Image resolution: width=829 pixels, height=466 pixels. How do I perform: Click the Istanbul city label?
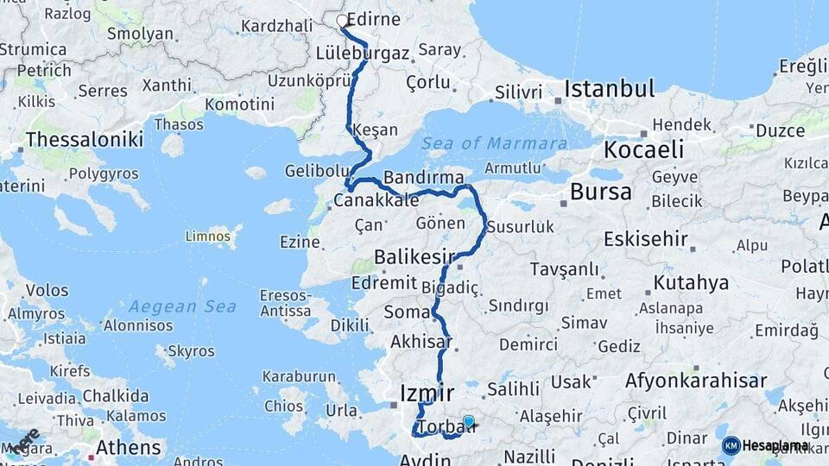(610, 88)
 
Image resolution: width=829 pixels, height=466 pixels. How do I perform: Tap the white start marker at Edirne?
(342, 22)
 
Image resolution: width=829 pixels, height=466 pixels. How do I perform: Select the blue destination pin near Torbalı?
(468, 422)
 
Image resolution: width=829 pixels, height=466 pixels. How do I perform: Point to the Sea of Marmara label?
(495, 143)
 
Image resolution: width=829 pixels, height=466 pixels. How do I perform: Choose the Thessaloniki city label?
(84, 139)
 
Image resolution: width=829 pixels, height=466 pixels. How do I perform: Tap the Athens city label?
(128, 447)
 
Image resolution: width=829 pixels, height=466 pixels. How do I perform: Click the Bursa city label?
(601, 192)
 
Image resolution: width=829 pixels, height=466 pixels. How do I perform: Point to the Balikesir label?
(414, 256)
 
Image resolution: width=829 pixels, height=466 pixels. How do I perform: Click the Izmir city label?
(427, 394)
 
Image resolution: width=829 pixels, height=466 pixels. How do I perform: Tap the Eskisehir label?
(646, 238)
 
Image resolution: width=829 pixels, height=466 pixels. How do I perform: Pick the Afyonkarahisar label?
(696, 381)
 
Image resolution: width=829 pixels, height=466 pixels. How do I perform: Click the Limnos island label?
(208, 235)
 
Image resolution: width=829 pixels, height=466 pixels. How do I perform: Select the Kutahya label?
(691, 282)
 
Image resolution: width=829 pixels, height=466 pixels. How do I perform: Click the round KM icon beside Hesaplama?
(731, 445)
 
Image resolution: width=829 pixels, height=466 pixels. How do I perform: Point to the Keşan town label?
(376, 130)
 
